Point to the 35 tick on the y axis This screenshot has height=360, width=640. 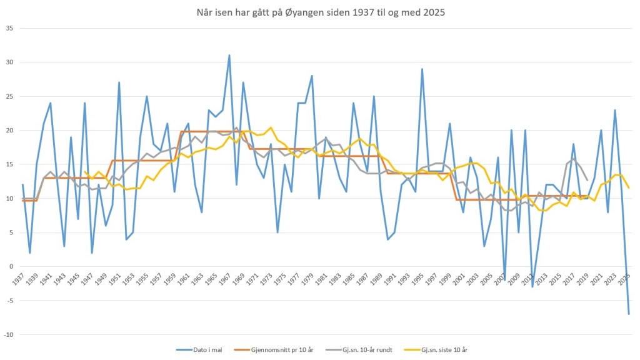[x=9, y=28]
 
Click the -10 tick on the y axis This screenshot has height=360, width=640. [x=7, y=334]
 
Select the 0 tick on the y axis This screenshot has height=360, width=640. [x=11, y=266]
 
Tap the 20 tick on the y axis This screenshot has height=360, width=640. [x=9, y=130]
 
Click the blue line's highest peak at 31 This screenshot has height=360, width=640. [x=229, y=55]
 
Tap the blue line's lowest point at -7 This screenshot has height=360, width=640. [x=629, y=314]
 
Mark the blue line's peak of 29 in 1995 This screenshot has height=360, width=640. [x=422, y=69]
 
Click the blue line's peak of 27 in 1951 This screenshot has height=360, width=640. [x=119, y=82]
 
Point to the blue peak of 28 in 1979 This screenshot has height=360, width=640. [x=312, y=76]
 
